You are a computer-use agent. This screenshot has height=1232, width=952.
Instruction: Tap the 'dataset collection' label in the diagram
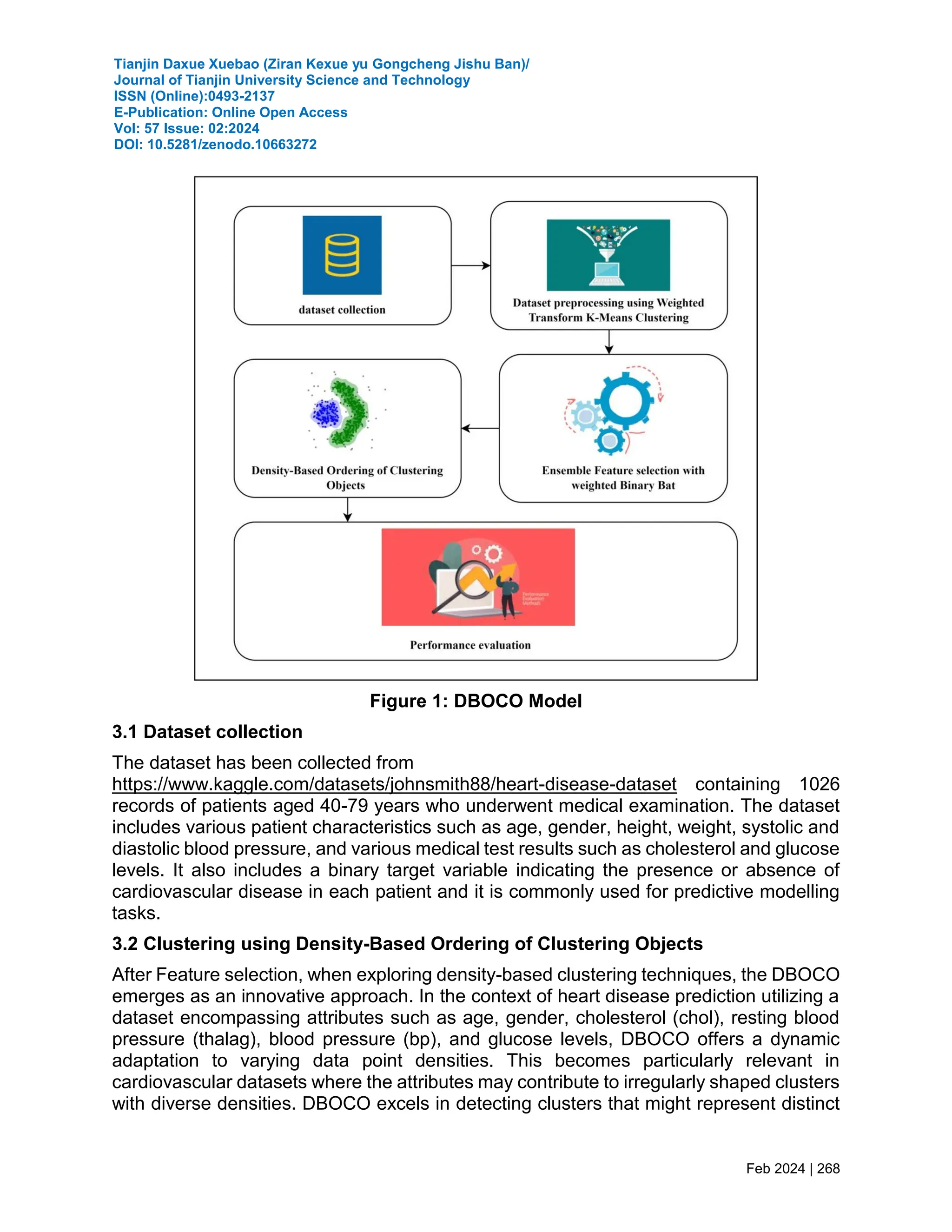coord(342,310)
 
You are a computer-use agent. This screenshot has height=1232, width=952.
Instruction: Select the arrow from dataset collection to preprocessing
coord(470,265)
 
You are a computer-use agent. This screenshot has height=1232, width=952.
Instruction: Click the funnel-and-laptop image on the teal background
coord(608,255)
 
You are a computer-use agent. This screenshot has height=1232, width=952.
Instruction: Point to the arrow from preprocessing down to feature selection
coord(608,342)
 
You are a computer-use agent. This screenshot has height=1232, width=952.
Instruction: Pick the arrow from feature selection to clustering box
coord(480,429)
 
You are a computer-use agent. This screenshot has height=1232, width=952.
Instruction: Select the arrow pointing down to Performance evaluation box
coord(347,510)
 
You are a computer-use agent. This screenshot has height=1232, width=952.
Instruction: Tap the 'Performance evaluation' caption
coord(470,645)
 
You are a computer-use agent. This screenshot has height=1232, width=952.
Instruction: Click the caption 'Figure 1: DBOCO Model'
coord(476,701)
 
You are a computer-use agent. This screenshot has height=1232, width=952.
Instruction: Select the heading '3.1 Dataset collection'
coord(207,732)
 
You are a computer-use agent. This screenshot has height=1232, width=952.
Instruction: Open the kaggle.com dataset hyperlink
coord(394,784)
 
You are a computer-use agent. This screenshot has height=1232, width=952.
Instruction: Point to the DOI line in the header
coord(215,145)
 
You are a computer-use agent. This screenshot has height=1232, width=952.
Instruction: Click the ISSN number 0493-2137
coord(241,96)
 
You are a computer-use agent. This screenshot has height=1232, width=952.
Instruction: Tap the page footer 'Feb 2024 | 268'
coord(793,1168)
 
